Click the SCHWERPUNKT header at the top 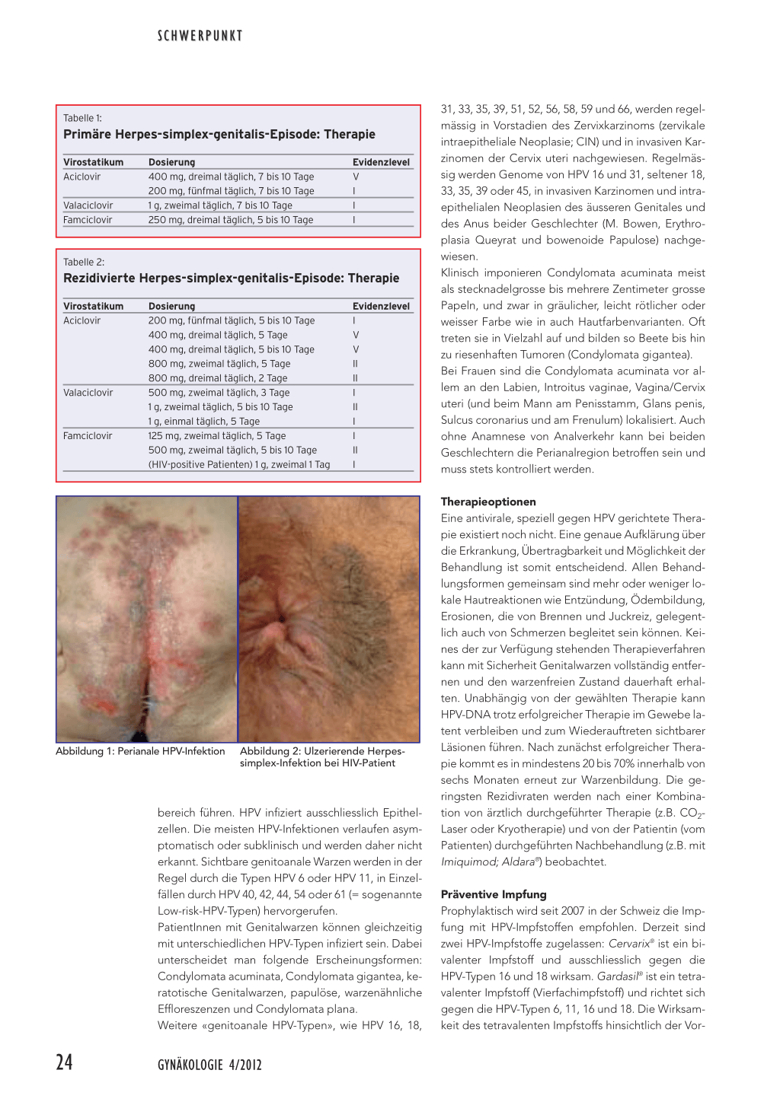pyautogui.click(x=200, y=36)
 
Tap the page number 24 pyautogui.click(x=64, y=1062)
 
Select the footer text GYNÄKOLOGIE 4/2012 pyautogui.click(x=209, y=1065)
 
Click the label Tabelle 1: pyautogui.click(x=82, y=118)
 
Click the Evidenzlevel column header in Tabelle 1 pyautogui.click(x=381, y=162)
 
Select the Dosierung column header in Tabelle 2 pyautogui.click(x=171, y=306)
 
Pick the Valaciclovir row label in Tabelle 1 pyautogui.click(x=88, y=205)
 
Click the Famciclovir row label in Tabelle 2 pyautogui.click(x=88, y=436)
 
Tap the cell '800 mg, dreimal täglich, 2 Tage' pyautogui.click(x=218, y=378)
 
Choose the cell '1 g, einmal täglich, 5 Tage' pyautogui.click(x=204, y=422)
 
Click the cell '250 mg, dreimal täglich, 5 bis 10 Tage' pyautogui.click(x=231, y=220)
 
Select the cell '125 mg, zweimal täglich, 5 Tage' pyautogui.click(x=217, y=436)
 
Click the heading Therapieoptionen pyautogui.click(x=488, y=502)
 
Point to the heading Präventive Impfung pyautogui.click(x=494, y=894)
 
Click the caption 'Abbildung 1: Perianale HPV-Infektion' pyautogui.click(x=140, y=751)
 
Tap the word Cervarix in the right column pyautogui.click(x=628, y=944)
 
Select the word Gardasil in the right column pyautogui.click(x=617, y=976)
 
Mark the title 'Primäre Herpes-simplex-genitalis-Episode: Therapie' pyautogui.click(x=219, y=135)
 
